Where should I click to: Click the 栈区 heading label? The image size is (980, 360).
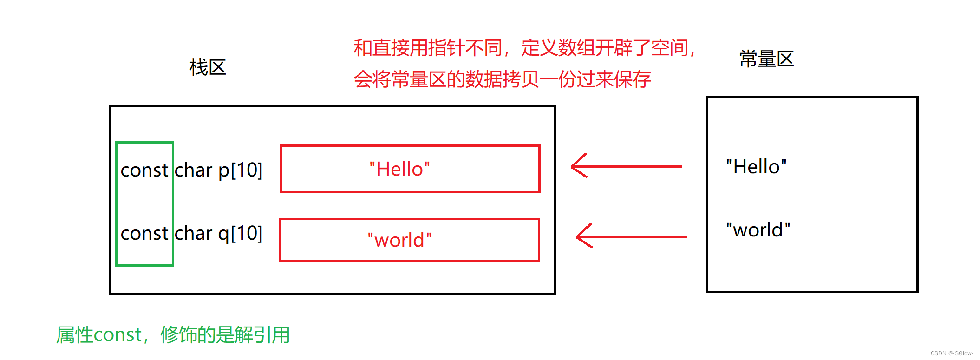(207, 67)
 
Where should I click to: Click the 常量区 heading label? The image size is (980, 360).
(766, 59)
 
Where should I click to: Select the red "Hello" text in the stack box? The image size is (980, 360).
(399, 169)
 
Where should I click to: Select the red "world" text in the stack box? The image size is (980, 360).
(399, 240)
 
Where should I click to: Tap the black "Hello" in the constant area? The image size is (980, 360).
(756, 167)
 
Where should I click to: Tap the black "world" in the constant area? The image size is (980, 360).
(758, 230)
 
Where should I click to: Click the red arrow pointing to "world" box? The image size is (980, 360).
(631, 236)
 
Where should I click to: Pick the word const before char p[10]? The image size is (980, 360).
(144, 170)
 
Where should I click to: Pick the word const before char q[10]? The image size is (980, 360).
(144, 233)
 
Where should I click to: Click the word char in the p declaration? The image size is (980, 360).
(193, 170)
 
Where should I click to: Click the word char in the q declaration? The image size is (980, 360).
(193, 233)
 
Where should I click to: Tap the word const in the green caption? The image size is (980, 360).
(118, 335)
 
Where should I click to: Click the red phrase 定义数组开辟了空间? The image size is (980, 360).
(604, 48)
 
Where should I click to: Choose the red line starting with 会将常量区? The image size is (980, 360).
(502, 79)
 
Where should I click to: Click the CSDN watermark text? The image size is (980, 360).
(951, 353)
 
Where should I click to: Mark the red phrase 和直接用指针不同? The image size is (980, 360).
(427, 48)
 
